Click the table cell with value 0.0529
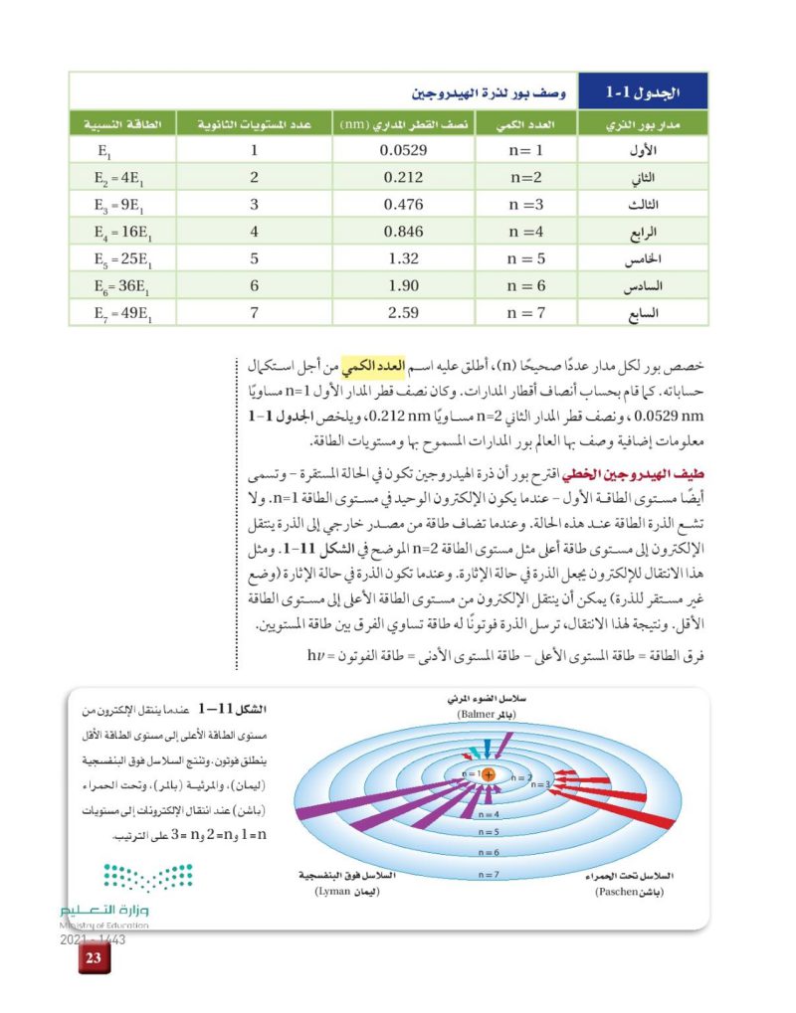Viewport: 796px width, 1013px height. click(x=403, y=151)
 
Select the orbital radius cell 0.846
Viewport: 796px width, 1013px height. click(x=403, y=232)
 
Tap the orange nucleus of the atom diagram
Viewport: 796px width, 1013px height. click(x=488, y=774)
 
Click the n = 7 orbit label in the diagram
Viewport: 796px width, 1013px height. click(x=488, y=874)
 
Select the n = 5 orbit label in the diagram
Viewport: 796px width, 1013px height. click(x=488, y=831)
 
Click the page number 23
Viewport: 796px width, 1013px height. click(x=94, y=958)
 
